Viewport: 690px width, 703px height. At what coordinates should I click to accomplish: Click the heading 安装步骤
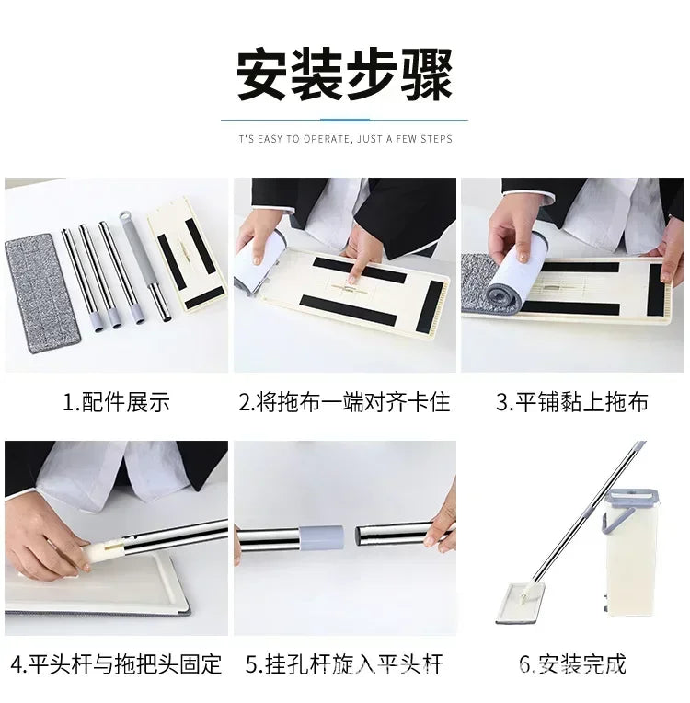(344, 75)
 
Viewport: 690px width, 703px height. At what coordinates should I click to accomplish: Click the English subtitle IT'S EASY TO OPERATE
(295, 139)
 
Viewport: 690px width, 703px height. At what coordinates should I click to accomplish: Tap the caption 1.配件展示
(116, 401)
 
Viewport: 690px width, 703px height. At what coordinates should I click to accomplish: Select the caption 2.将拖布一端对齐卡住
(344, 401)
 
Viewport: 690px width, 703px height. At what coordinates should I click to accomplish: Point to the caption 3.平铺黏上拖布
(572, 401)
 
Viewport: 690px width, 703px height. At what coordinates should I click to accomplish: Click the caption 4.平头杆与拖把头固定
(116, 664)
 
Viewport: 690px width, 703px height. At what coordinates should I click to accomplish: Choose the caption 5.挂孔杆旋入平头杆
(344, 664)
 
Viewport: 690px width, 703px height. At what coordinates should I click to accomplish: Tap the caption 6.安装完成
(572, 664)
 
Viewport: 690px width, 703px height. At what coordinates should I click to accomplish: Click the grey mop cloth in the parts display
(42, 293)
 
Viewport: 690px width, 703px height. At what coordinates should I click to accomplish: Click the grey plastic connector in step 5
(321, 537)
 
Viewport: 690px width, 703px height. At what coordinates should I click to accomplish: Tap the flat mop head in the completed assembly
(521, 603)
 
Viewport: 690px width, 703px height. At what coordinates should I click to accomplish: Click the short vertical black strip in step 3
(656, 290)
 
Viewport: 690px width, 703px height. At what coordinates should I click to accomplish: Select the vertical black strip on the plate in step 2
(430, 306)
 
